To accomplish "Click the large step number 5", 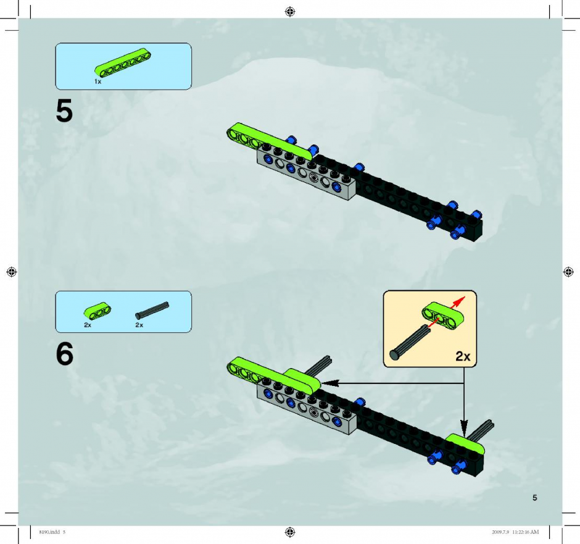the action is tap(64, 111).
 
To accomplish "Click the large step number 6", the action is tap(65, 354).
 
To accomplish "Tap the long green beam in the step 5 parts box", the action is tap(123, 62).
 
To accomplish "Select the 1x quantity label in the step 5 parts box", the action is tap(97, 82).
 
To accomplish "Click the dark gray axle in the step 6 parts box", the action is tap(152, 311).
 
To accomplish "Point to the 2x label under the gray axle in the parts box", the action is tap(139, 325).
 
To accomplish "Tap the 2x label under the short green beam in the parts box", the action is tap(88, 325).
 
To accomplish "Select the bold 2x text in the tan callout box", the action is tap(463, 356).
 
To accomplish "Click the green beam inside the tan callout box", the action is tap(443, 316).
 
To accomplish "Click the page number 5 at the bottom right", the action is tap(534, 498).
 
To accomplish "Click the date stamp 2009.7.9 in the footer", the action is tap(500, 532).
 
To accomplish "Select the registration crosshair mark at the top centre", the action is tap(290, 12).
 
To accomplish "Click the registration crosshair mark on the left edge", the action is tap(12, 272).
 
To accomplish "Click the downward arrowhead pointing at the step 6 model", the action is tap(464, 429).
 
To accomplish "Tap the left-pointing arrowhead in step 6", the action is tap(330, 383).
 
